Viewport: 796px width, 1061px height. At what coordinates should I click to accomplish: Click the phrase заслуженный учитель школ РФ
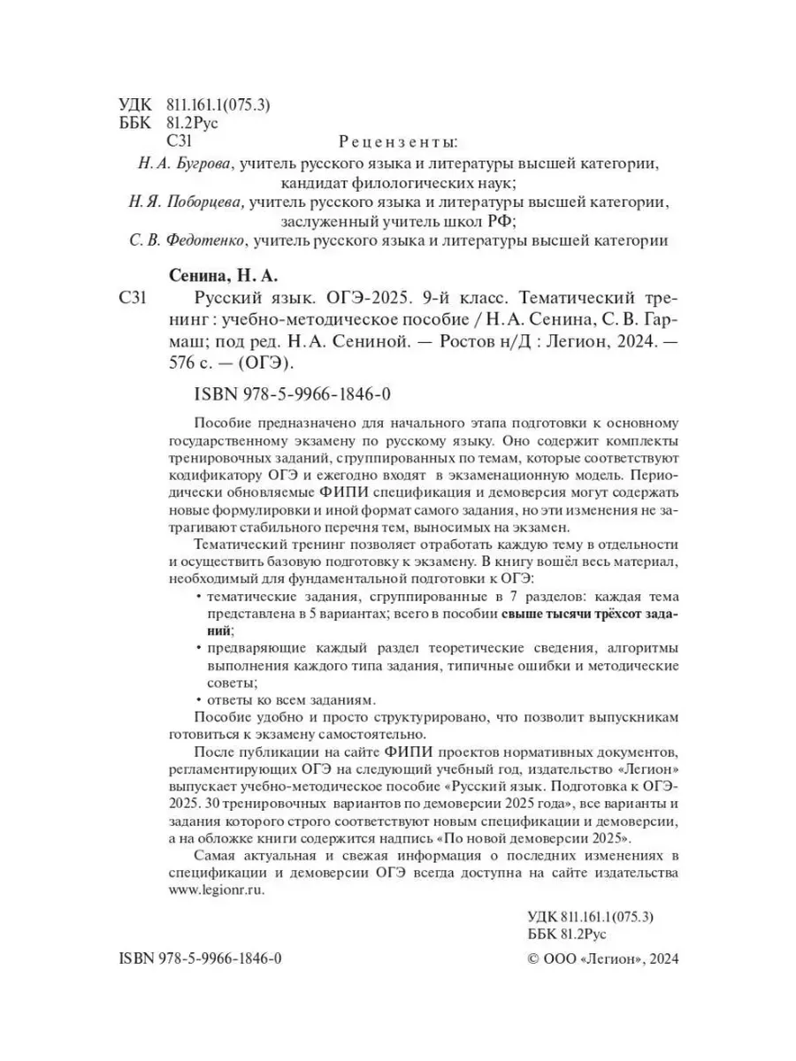pos(397,222)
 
